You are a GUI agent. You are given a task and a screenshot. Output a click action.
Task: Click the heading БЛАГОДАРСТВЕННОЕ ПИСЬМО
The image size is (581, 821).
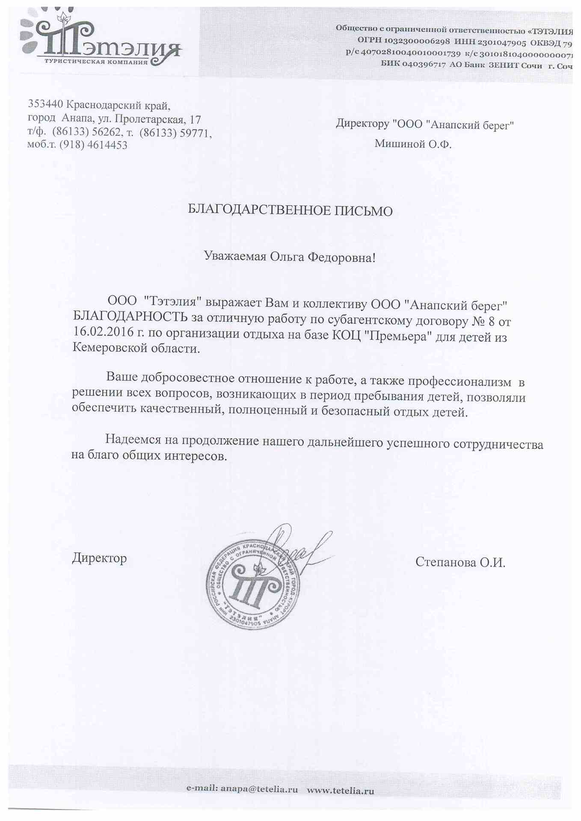(x=290, y=210)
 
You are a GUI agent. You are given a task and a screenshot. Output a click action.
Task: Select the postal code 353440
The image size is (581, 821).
(x=45, y=104)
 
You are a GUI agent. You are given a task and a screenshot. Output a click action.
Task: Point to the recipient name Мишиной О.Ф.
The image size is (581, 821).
(x=413, y=144)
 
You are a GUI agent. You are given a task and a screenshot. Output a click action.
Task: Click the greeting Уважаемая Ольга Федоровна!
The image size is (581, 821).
(x=290, y=257)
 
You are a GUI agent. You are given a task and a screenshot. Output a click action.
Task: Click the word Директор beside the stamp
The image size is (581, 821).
(x=99, y=558)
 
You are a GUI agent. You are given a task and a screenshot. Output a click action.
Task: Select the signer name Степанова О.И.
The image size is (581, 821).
(x=460, y=562)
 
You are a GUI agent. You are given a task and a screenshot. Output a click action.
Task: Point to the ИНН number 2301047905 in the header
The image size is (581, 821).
(x=501, y=42)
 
